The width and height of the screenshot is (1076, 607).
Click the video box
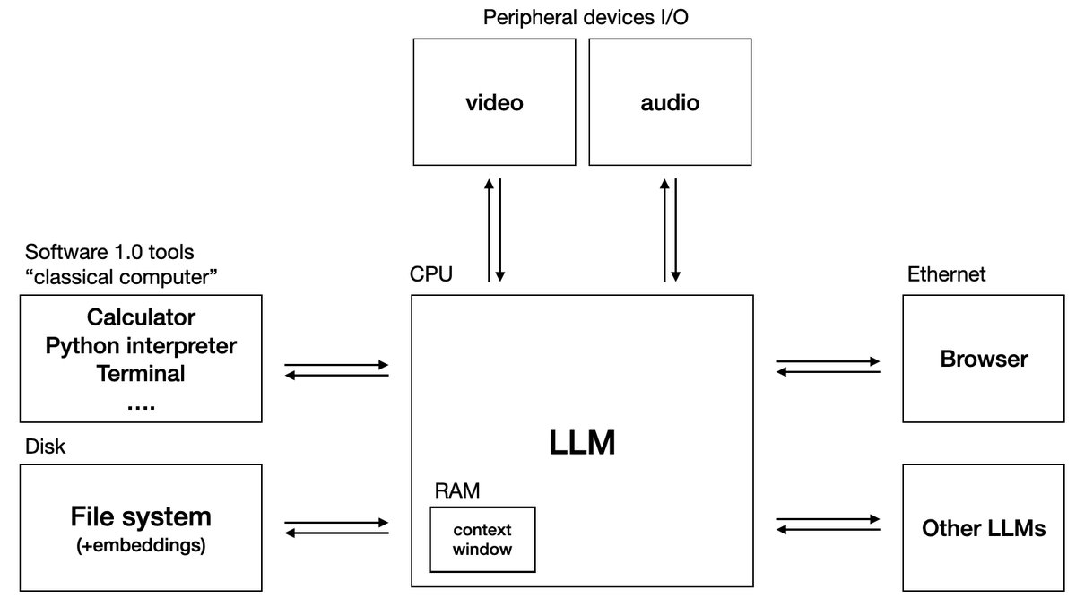[494, 102]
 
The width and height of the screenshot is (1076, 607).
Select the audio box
[670, 102]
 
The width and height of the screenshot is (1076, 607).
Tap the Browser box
[984, 360]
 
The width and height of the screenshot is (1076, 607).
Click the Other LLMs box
[984, 528]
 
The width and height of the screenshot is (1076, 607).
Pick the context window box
[482, 539]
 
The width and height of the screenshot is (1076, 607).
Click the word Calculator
[141, 317]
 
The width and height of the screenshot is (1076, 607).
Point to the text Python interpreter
[141, 345]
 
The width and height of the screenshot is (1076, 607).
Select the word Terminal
[141, 373]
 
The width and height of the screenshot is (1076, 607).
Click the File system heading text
[141, 516]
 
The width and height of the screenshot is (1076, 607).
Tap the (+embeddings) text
[141, 544]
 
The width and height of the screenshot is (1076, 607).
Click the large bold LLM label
[582, 442]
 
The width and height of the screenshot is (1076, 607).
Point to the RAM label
[456, 490]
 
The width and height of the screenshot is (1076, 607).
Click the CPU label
[431, 274]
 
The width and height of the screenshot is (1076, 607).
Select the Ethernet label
[946, 274]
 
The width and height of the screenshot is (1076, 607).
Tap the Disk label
[45, 446]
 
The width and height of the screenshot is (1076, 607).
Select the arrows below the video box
[494, 230]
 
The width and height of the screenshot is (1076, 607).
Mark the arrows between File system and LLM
[336, 526]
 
